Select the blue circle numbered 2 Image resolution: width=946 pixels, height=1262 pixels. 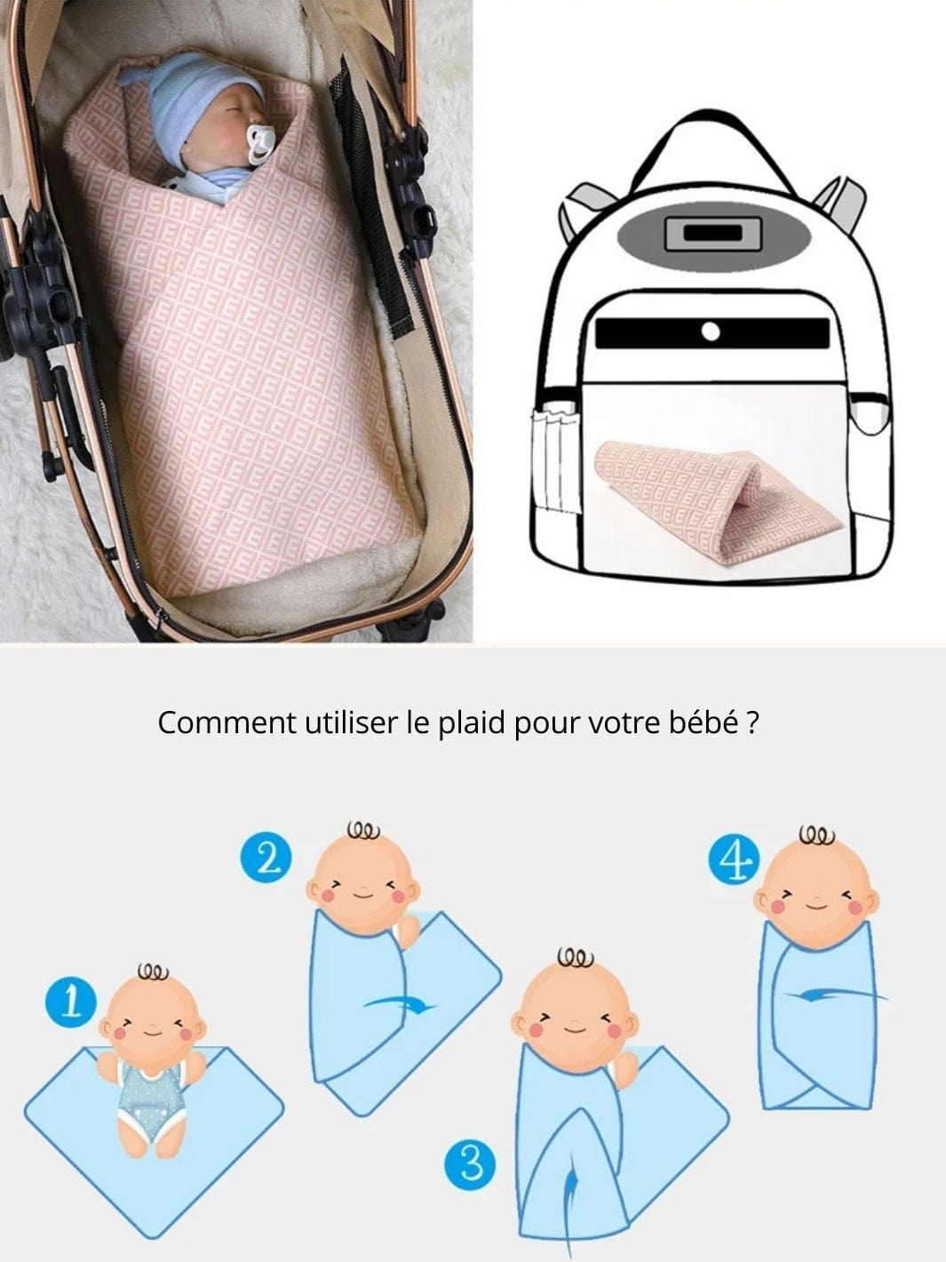(x=266, y=858)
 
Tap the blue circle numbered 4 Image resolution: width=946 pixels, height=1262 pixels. (x=735, y=859)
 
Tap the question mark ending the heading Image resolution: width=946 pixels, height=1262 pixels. (x=753, y=723)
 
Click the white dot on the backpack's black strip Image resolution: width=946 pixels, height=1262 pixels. (x=711, y=331)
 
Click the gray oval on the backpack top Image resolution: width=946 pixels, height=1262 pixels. (x=713, y=234)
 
